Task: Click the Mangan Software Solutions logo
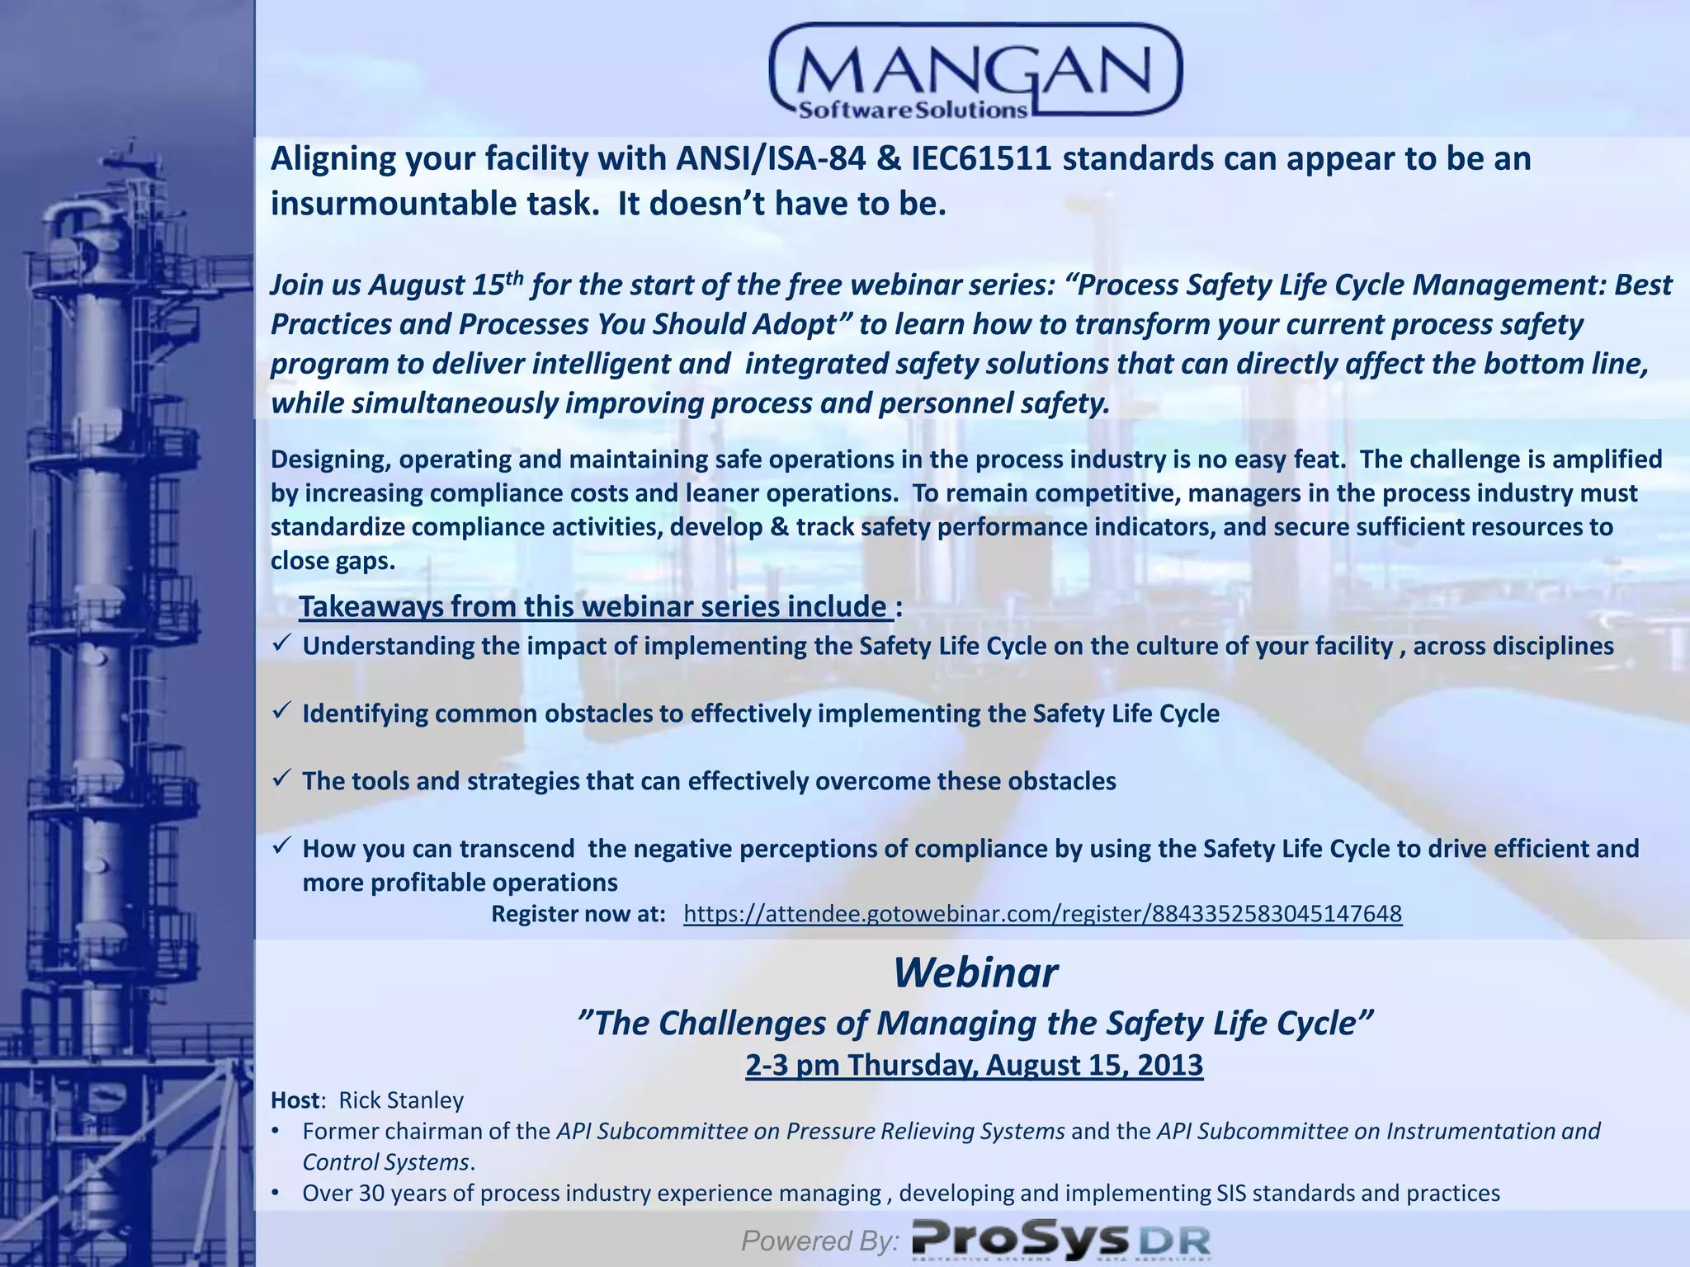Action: (975, 73)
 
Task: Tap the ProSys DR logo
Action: (1060, 1240)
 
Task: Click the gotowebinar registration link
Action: (1042, 914)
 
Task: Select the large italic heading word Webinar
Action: (975, 973)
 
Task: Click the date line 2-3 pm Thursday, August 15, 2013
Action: (974, 1065)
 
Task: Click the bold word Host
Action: (295, 1100)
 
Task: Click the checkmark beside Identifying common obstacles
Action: (281, 710)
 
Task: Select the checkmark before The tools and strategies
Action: (281, 778)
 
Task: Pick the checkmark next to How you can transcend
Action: (281, 845)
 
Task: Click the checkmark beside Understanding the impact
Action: (281, 643)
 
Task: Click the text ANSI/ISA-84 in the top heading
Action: (771, 159)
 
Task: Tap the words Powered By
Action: (819, 1240)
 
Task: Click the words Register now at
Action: (578, 914)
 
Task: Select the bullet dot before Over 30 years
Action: (276, 1194)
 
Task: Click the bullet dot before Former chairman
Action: (276, 1132)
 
